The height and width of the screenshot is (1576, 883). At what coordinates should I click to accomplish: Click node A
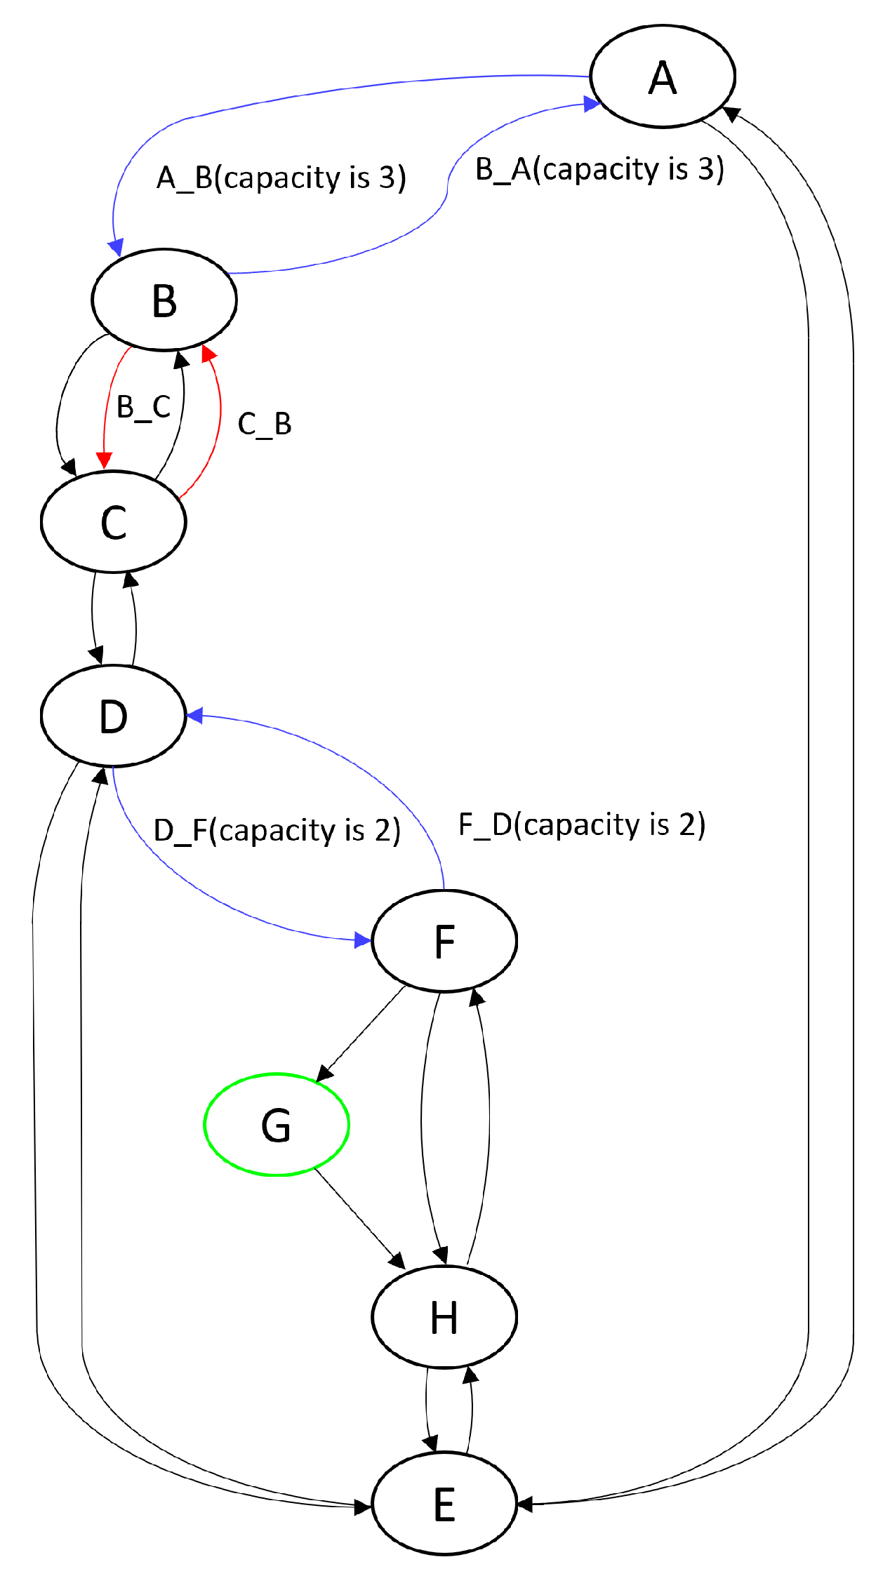tap(662, 76)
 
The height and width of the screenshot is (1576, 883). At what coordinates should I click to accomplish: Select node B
tap(164, 300)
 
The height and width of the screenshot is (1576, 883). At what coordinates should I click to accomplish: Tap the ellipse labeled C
tap(113, 522)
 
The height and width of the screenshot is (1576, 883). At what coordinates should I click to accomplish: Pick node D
tap(113, 716)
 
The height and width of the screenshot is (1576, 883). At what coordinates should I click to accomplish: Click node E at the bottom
tap(444, 1504)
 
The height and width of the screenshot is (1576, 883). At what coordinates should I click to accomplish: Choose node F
tap(444, 940)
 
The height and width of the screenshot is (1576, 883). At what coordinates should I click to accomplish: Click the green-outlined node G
tap(277, 1124)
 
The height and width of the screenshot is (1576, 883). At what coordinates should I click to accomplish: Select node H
tap(444, 1317)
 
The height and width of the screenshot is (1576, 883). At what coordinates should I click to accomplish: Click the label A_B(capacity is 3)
tap(281, 178)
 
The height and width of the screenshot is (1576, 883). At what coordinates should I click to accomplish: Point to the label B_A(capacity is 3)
tap(599, 169)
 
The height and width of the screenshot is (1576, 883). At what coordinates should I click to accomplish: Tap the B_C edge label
tap(143, 407)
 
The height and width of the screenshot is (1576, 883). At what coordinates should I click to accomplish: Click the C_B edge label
tap(264, 424)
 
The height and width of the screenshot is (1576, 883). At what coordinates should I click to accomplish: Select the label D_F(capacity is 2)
tap(277, 830)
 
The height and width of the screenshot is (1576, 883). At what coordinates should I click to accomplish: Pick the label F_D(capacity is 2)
tap(581, 824)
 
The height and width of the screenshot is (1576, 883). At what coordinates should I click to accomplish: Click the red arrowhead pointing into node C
tap(104, 460)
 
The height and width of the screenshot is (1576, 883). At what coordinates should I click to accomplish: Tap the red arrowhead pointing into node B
tap(208, 353)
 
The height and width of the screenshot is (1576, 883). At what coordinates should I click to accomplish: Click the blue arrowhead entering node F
tap(362, 940)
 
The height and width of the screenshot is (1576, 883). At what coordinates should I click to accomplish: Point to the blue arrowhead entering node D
tap(195, 716)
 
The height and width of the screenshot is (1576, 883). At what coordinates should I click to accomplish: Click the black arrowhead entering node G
tap(324, 1073)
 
